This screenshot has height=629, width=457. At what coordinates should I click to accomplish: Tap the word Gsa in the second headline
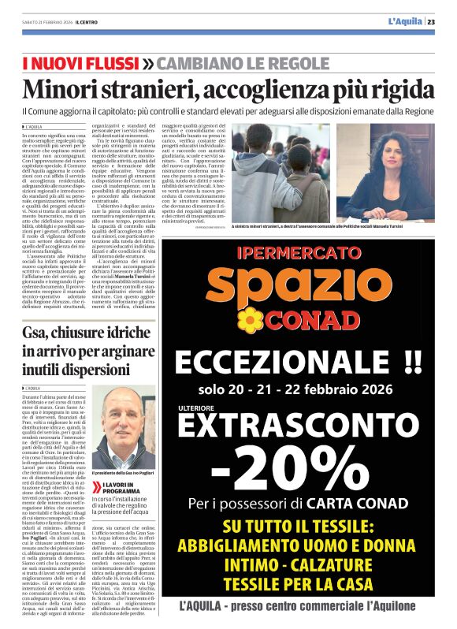[35, 332]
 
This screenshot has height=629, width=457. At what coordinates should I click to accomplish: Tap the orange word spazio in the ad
[315, 288]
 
